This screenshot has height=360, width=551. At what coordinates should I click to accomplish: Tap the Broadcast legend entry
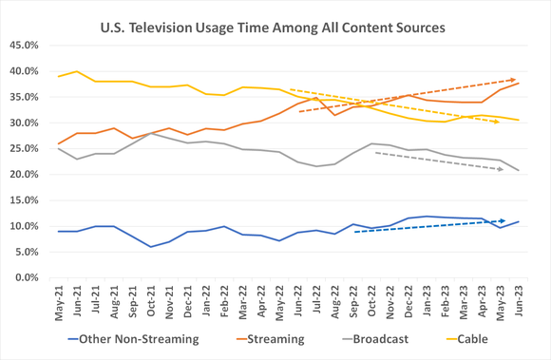[x=379, y=337]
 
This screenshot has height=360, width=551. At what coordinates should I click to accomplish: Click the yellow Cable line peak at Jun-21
[x=78, y=71]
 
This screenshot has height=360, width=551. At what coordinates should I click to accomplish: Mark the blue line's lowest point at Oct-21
[x=151, y=247]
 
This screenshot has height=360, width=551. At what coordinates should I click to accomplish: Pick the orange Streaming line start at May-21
[x=60, y=143]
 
